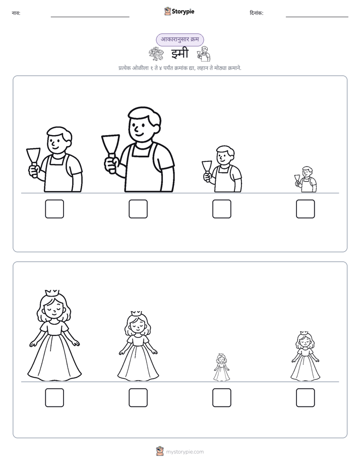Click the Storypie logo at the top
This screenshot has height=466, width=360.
(179, 12)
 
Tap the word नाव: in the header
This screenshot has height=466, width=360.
(16, 13)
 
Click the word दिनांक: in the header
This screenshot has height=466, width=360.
(256, 13)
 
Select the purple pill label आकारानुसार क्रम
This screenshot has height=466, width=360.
(179, 39)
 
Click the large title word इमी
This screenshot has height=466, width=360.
(179, 53)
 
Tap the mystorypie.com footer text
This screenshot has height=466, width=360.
(185, 452)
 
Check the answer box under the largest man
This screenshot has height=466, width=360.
(138, 209)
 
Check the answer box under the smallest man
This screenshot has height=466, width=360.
(306, 209)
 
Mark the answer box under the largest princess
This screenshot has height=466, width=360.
(54, 397)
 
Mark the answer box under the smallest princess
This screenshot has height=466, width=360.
(221, 397)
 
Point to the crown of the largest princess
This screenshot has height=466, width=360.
(52, 293)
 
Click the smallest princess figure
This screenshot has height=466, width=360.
(221, 367)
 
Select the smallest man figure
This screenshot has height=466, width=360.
(306, 180)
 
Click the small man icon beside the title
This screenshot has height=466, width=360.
(204, 53)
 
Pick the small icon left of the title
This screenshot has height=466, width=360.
(156, 54)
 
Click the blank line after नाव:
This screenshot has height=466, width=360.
(90, 17)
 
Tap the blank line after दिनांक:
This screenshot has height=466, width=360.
(317, 17)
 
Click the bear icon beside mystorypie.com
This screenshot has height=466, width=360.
(160, 451)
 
